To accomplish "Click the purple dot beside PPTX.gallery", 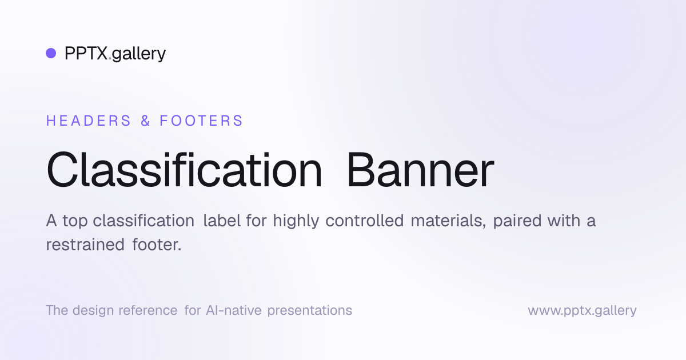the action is click(x=51, y=53).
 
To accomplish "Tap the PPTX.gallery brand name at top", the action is click(x=115, y=54).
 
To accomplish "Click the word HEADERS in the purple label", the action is click(x=89, y=121).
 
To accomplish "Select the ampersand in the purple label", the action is click(x=145, y=121).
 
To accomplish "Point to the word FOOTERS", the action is click(x=201, y=121).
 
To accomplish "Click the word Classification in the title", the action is click(x=184, y=169).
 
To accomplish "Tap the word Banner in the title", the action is click(x=420, y=170).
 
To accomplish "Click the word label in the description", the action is click(x=222, y=221).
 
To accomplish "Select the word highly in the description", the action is click(x=296, y=221).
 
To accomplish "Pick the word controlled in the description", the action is click(x=365, y=221).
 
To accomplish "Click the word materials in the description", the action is click(x=448, y=221).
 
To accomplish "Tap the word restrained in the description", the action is click(x=85, y=245).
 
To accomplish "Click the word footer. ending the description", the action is click(x=157, y=245).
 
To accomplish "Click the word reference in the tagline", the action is click(x=148, y=310).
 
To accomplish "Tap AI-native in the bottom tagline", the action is click(x=234, y=310).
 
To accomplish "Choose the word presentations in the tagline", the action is click(x=310, y=311).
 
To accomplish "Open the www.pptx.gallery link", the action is click(x=582, y=311).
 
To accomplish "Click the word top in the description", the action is click(x=75, y=221).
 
